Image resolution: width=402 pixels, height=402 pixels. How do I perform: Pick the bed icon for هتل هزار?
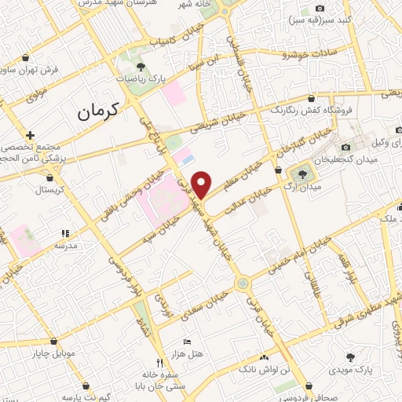(x=186, y=342)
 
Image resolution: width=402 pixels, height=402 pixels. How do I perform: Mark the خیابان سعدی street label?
(x=206, y=304)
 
